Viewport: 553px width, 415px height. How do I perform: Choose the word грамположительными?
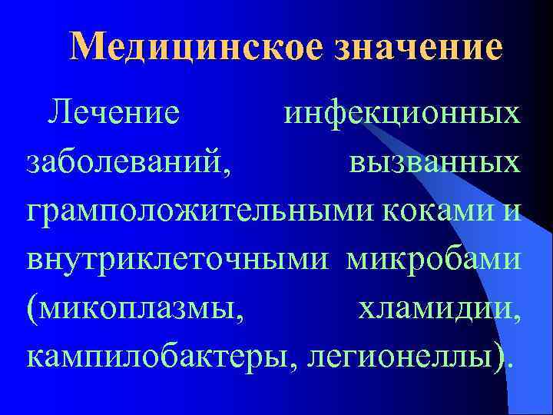[x=184, y=211]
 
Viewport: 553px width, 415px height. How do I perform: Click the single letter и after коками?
[x=512, y=213]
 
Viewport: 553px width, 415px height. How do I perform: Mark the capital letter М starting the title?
[x=87, y=47]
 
